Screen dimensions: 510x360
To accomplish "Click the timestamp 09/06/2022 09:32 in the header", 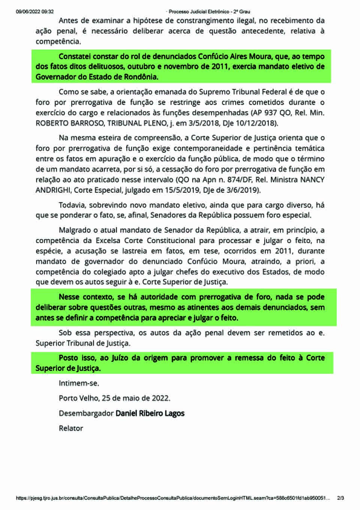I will pyautogui.click(x=34, y=12).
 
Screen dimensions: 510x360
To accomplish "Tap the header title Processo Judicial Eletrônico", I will pyautogui.click(x=209, y=12).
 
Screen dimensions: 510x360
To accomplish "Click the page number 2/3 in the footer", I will pyautogui.click(x=340, y=498).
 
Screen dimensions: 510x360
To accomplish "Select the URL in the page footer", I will pyautogui.click(x=173, y=498).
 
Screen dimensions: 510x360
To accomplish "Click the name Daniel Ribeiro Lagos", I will pyautogui.click(x=150, y=413).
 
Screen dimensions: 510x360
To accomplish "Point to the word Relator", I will pyautogui.click(x=71, y=428).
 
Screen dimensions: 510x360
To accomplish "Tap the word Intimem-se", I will pyautogui.click(x=79, y=383).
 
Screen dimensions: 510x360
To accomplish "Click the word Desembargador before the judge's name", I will pyautogui.click(x=86, y=413).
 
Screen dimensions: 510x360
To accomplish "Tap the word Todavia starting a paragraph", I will pyautogui.click(x=72, y=205).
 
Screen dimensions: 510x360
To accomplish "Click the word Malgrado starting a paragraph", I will pyautogui.click(x=75, y=230).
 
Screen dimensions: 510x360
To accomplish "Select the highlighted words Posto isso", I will pyautogui.click(x=77, y=358).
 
